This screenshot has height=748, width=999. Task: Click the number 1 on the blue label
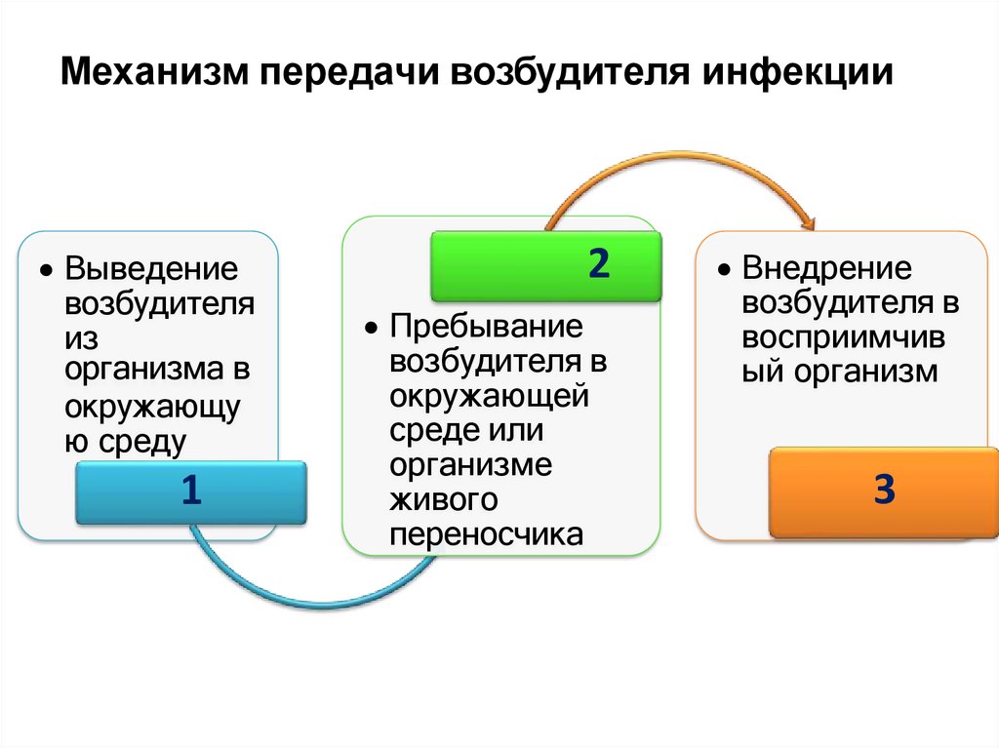[x=190, y=491]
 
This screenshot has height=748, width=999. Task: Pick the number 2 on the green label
[x=598, y=263]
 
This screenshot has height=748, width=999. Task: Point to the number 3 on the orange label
[x=883, y=491]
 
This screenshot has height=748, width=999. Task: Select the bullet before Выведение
[x=46, y=268]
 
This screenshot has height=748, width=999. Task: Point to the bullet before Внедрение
[x=723, y=268]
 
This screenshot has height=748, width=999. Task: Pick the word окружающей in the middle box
[x=488, y=395]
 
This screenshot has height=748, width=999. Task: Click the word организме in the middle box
[x=471, y=464]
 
